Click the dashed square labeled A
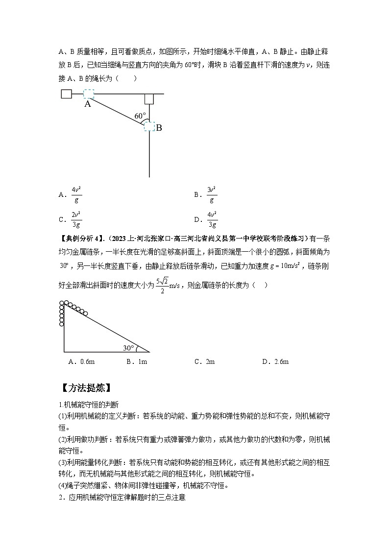tap(88, 94)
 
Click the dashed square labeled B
tap(149, 126)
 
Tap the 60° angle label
tap(140, 116)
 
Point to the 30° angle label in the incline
tap(128, 348)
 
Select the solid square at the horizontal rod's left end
tap(67, 94)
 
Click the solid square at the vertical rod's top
tap(149, 99)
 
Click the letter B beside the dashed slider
tap(159, 128)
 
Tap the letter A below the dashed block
tap(88, 104)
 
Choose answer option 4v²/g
tap(76, 194)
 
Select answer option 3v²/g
tap(212, 194)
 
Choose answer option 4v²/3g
tap(212, 219)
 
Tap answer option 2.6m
tap(281, 362)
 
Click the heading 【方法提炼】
tap(84, 388)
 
